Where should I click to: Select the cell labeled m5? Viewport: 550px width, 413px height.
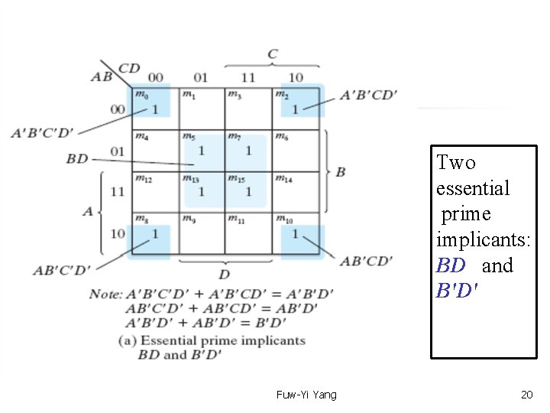tap(202, 150)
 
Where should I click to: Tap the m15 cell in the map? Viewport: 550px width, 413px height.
tap(248, 191)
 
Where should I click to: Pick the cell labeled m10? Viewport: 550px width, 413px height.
tap(296, 233)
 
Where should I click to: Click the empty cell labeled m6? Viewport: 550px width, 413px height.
tap(296, 150)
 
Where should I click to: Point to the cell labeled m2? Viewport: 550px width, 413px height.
tap(296, 109)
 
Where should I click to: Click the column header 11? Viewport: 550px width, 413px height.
tap(248, 77)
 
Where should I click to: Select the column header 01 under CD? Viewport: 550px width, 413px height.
tap(200, 77)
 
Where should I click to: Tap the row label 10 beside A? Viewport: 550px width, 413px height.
tap(117, 233)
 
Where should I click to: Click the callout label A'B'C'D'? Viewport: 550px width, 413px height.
tap(42, 133)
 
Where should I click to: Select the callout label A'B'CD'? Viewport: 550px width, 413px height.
tap(369, 95)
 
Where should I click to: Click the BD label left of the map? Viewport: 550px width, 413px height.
tap(77, 158)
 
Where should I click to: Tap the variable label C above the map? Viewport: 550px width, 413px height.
tap(273, 54)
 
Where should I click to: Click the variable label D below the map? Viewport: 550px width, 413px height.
tap(225, 274)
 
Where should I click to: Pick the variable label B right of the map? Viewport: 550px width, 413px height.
tap(340, 171)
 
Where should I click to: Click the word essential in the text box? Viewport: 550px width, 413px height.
tap(473, 188)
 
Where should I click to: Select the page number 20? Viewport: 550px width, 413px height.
tap(526, 395)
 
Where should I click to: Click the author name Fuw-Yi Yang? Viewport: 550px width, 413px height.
tap(306, 395)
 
